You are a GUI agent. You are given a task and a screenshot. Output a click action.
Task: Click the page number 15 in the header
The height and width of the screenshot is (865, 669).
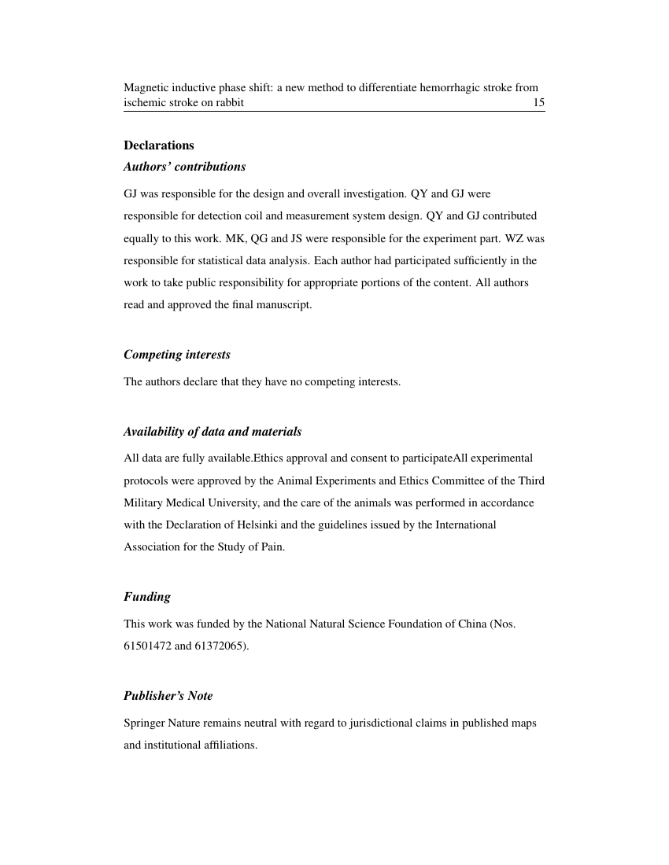538,103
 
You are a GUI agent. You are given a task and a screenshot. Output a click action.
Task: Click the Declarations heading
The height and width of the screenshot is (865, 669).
158,145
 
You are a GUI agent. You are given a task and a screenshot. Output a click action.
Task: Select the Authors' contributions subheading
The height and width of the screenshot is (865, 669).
184,167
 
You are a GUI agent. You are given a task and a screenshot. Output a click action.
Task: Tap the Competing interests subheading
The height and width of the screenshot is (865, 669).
176,355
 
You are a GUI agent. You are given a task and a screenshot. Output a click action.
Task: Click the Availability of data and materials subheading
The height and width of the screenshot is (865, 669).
212,432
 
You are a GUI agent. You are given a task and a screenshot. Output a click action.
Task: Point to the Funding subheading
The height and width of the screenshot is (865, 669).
146,597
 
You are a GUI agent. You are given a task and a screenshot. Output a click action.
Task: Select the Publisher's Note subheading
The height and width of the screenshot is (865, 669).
168,696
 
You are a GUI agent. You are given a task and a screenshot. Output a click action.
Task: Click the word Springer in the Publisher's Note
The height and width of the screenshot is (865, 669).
142,722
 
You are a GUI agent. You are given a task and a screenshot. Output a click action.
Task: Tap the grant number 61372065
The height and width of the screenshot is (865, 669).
221,646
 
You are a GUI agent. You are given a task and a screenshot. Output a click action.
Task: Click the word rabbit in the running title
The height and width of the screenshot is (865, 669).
228,103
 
